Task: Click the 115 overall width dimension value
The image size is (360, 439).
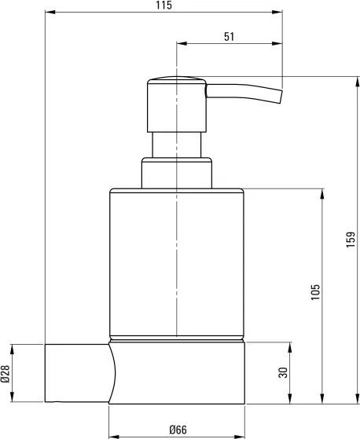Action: (x=163, y=5)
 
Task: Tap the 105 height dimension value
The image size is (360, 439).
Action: (x=315, y=292)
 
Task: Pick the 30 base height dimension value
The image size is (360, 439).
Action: (x=284, y=372)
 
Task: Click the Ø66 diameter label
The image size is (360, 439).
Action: (x=176, y=429)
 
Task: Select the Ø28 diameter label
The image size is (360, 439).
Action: (x=6, y=374)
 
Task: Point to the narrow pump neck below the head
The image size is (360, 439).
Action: (x=177, y=145)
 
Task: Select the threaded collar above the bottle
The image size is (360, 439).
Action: (x=177, y=174)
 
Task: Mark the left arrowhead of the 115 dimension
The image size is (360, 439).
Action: (x=47, y=13)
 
